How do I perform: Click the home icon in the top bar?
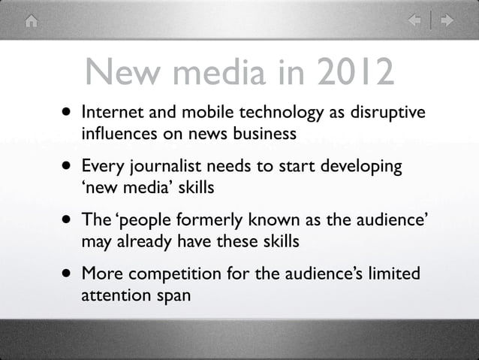click(31, 20)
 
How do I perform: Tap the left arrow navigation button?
click(414, 20)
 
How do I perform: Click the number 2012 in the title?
click(354, 73)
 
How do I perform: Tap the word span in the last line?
click(172, 295)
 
